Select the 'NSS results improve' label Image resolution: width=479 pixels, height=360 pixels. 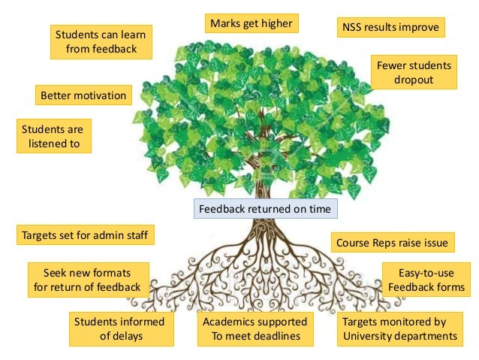pos(390,29)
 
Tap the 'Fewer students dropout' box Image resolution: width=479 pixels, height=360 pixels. pos(414,73)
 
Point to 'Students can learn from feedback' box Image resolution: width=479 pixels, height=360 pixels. pos(102,42)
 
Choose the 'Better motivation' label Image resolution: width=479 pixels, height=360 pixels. pos(83,96)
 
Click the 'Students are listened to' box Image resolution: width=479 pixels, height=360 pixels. pos(53,135)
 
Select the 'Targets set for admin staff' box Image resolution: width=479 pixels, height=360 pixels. pos(85,235)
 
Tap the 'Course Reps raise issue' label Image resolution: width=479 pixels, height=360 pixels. pos(392,243)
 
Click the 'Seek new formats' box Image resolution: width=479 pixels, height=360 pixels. pos(87,280)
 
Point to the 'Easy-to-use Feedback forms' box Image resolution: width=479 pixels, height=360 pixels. pos(426,280)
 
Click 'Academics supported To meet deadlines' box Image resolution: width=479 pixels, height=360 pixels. pos(251,328)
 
